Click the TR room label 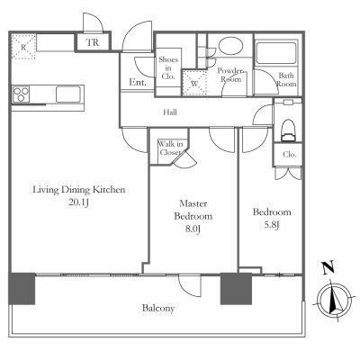point(93,42)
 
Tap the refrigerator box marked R point(23,46)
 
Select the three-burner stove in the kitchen point(21,94)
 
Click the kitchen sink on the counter point(68,94)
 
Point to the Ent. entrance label point(138,82)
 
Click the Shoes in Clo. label point(168,68)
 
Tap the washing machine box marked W point(194,83)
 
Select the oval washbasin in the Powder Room point(230,45)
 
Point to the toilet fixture point(288,130)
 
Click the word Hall point(170,112)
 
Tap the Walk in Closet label point(170,148)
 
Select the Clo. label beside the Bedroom point(290,155)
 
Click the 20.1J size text point(78,202)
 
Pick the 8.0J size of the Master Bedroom point(193,229)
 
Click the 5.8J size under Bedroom point(272,225)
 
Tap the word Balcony point(158,308)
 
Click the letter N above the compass point(328,268)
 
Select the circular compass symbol point(334,301)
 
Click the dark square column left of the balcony point(22,289)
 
